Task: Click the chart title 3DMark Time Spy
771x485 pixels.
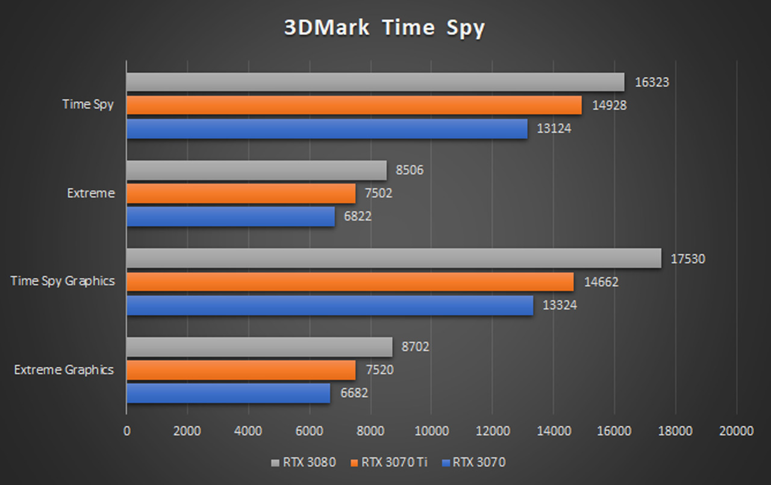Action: pos(384,28)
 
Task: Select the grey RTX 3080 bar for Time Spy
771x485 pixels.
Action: pos(375,83)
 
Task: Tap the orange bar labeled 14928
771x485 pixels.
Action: pos(354,105)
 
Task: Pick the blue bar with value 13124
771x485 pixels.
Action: pos(326,128)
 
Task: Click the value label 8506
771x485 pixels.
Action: pos(410,170)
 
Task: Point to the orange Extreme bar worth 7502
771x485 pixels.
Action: pos(241,193)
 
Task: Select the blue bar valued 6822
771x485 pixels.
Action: pos(230,216)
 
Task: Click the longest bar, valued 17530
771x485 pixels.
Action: pos(393,259)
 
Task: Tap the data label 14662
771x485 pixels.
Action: pos(601,281)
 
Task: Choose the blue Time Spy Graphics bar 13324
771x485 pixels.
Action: pos(329,305)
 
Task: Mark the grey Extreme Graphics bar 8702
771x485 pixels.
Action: pos(259,347)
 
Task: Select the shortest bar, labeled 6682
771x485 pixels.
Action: pos(228,393)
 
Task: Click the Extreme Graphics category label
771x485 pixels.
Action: pos(64,369)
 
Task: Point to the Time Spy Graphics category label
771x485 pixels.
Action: pos(63,281)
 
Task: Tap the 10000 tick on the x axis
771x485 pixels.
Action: pos(431,431)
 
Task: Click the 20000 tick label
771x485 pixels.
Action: pos(736,431)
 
